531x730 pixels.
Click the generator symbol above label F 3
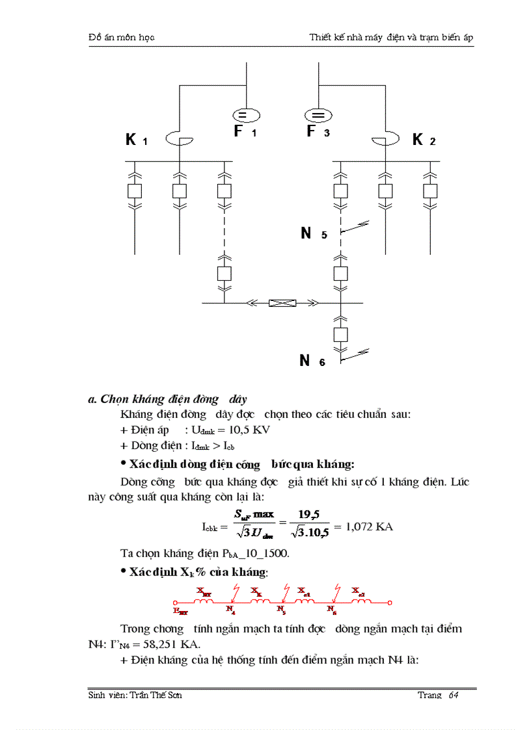pos(318,115)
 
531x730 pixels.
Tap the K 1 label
pos(137,140)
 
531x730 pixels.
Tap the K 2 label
pos(424,139)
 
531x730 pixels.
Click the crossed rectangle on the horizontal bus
pos(282,302)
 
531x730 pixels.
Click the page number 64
pos(454,696)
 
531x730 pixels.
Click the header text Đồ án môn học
pos(121,38)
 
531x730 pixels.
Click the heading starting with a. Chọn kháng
pos(167,399)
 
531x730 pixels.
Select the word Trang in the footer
pos(429,696)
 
